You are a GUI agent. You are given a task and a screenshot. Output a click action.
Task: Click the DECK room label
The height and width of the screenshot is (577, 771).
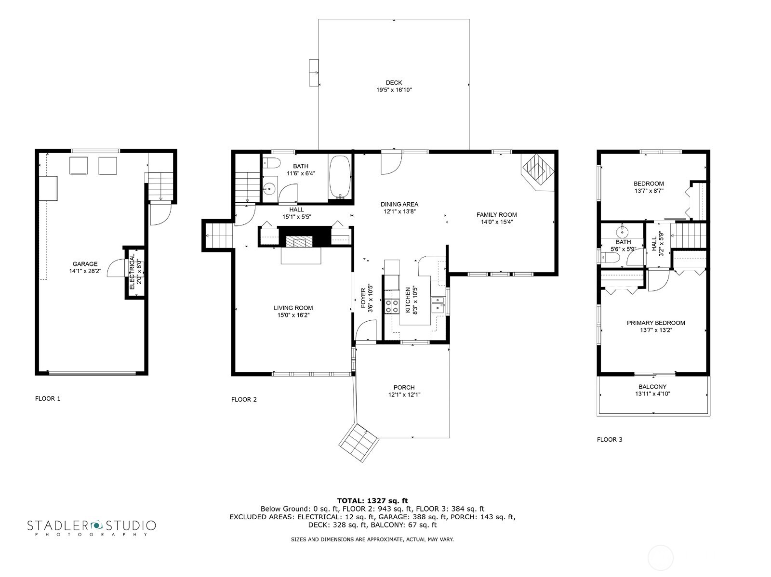tap(394, 82)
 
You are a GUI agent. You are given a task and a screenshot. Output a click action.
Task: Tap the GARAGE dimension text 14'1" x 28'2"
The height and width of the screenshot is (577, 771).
tap(85, 271)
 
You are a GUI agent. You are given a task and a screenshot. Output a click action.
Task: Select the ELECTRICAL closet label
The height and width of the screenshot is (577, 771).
tap(132, 272)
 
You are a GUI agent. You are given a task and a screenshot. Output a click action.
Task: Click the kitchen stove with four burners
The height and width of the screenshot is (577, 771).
tap(391, 306)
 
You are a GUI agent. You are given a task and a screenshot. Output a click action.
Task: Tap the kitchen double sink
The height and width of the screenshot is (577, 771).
tap(439, 305)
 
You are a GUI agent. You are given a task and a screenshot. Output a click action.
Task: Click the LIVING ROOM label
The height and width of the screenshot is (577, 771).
tap(293, 308)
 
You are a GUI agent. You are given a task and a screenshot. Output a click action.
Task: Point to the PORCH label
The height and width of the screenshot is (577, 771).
tap(404, 387)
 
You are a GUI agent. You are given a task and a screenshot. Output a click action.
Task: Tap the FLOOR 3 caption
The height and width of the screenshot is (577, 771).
tap(610, 439)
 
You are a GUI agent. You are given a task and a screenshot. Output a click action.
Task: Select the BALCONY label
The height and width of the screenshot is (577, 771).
tap(652, 387)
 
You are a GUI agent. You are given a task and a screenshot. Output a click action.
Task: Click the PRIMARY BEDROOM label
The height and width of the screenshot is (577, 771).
tap(655, 323)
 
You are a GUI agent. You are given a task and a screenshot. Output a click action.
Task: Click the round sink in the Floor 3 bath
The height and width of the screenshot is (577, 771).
tap(623, 230)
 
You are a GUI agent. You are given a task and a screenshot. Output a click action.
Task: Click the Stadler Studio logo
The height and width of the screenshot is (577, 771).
tap(91, 526)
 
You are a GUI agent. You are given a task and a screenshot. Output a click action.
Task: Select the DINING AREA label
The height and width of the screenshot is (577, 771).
tap(399, 204)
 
